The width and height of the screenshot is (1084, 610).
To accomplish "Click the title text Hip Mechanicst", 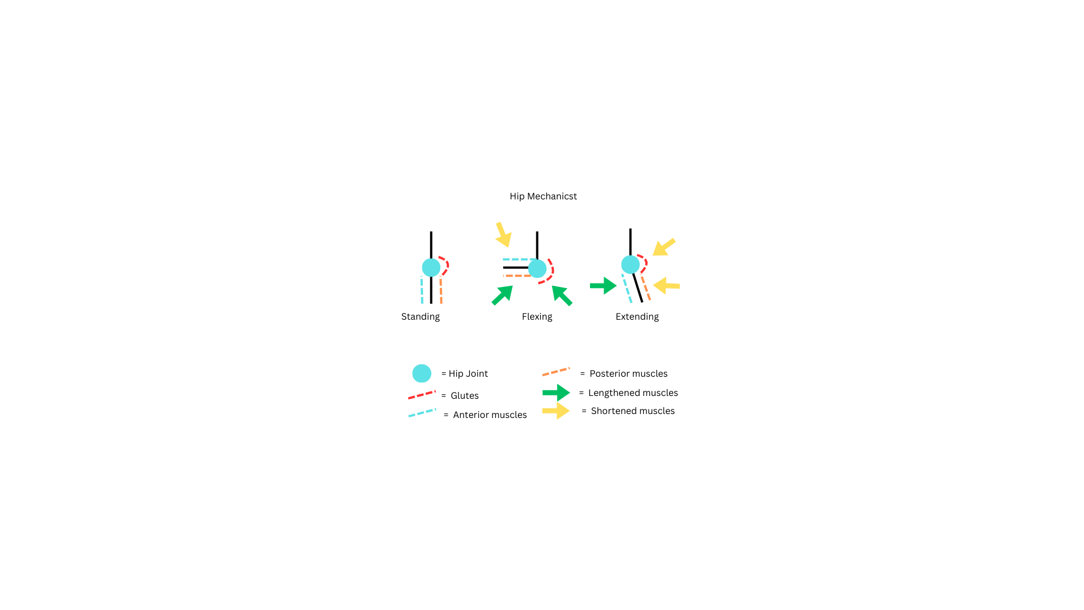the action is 543,197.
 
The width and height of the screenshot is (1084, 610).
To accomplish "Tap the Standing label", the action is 421,317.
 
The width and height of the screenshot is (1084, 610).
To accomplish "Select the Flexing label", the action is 537,317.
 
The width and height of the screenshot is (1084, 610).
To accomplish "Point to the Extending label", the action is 637,317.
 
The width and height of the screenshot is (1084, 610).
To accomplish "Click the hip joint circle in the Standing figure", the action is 431,268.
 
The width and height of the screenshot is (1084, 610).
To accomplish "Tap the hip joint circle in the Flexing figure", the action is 537,268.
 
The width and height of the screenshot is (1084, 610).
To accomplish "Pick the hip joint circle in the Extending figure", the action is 631,264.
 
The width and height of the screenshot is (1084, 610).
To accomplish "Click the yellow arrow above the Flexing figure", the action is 503,234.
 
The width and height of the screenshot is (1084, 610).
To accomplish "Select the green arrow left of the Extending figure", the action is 603,286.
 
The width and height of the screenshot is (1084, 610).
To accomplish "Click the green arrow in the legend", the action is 556,393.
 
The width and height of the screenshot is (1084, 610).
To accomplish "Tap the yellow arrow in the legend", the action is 556,411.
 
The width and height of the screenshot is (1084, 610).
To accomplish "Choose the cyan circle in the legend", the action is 422,373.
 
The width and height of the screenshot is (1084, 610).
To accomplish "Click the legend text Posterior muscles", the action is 628,374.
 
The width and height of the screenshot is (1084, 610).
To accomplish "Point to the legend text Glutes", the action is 465,396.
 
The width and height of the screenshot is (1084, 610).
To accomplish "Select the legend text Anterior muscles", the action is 489,415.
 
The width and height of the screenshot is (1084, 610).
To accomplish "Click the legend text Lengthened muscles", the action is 633,393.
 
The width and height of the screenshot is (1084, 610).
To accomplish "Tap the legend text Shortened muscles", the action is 633,411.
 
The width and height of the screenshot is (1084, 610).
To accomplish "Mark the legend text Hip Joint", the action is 468,374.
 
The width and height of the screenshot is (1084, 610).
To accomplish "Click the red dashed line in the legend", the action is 422,395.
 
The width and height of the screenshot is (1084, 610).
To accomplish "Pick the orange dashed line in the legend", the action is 556,372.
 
